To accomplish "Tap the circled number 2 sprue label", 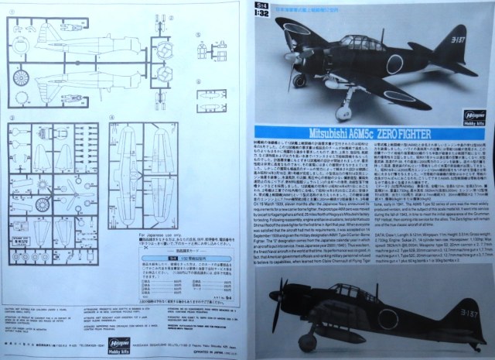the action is tap(114, 14).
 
